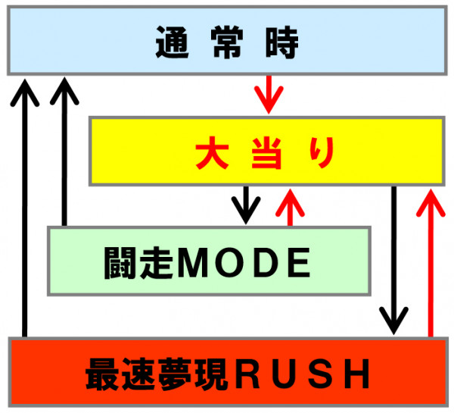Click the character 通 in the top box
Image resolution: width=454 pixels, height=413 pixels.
click(173, 42)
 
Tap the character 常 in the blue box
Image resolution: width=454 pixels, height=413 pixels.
click(227, 42)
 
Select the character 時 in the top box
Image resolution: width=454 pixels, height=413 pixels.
click(281, 42)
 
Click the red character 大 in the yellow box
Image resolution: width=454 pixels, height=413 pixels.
click(212, 152)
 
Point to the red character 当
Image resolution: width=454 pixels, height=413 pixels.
click(266, 153)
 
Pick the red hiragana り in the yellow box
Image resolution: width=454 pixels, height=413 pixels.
click(322, 152)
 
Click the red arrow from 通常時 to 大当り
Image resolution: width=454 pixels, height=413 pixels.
click(269, 95)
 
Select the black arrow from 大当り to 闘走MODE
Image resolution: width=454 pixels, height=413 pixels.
click(246, 205)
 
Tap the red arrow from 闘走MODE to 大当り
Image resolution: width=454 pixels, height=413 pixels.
click(290, 207)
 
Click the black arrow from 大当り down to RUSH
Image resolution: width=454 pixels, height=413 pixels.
click(393, 261)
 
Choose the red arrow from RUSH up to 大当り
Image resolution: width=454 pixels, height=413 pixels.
click(431, 263)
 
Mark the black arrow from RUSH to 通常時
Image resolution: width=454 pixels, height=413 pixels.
click(25, 208)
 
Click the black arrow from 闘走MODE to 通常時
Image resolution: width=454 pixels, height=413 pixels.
click(64, 152)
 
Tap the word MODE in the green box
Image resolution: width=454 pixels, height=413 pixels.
click(244, 262)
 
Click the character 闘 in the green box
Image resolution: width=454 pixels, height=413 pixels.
click(120, 263)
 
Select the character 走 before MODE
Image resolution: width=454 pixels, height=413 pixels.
click(157, 263)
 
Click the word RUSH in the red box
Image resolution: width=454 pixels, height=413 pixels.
click(302, 374)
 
